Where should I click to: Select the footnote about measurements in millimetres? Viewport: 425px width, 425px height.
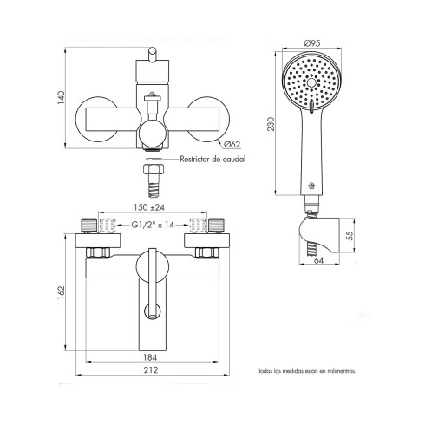(x=306, y=370)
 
